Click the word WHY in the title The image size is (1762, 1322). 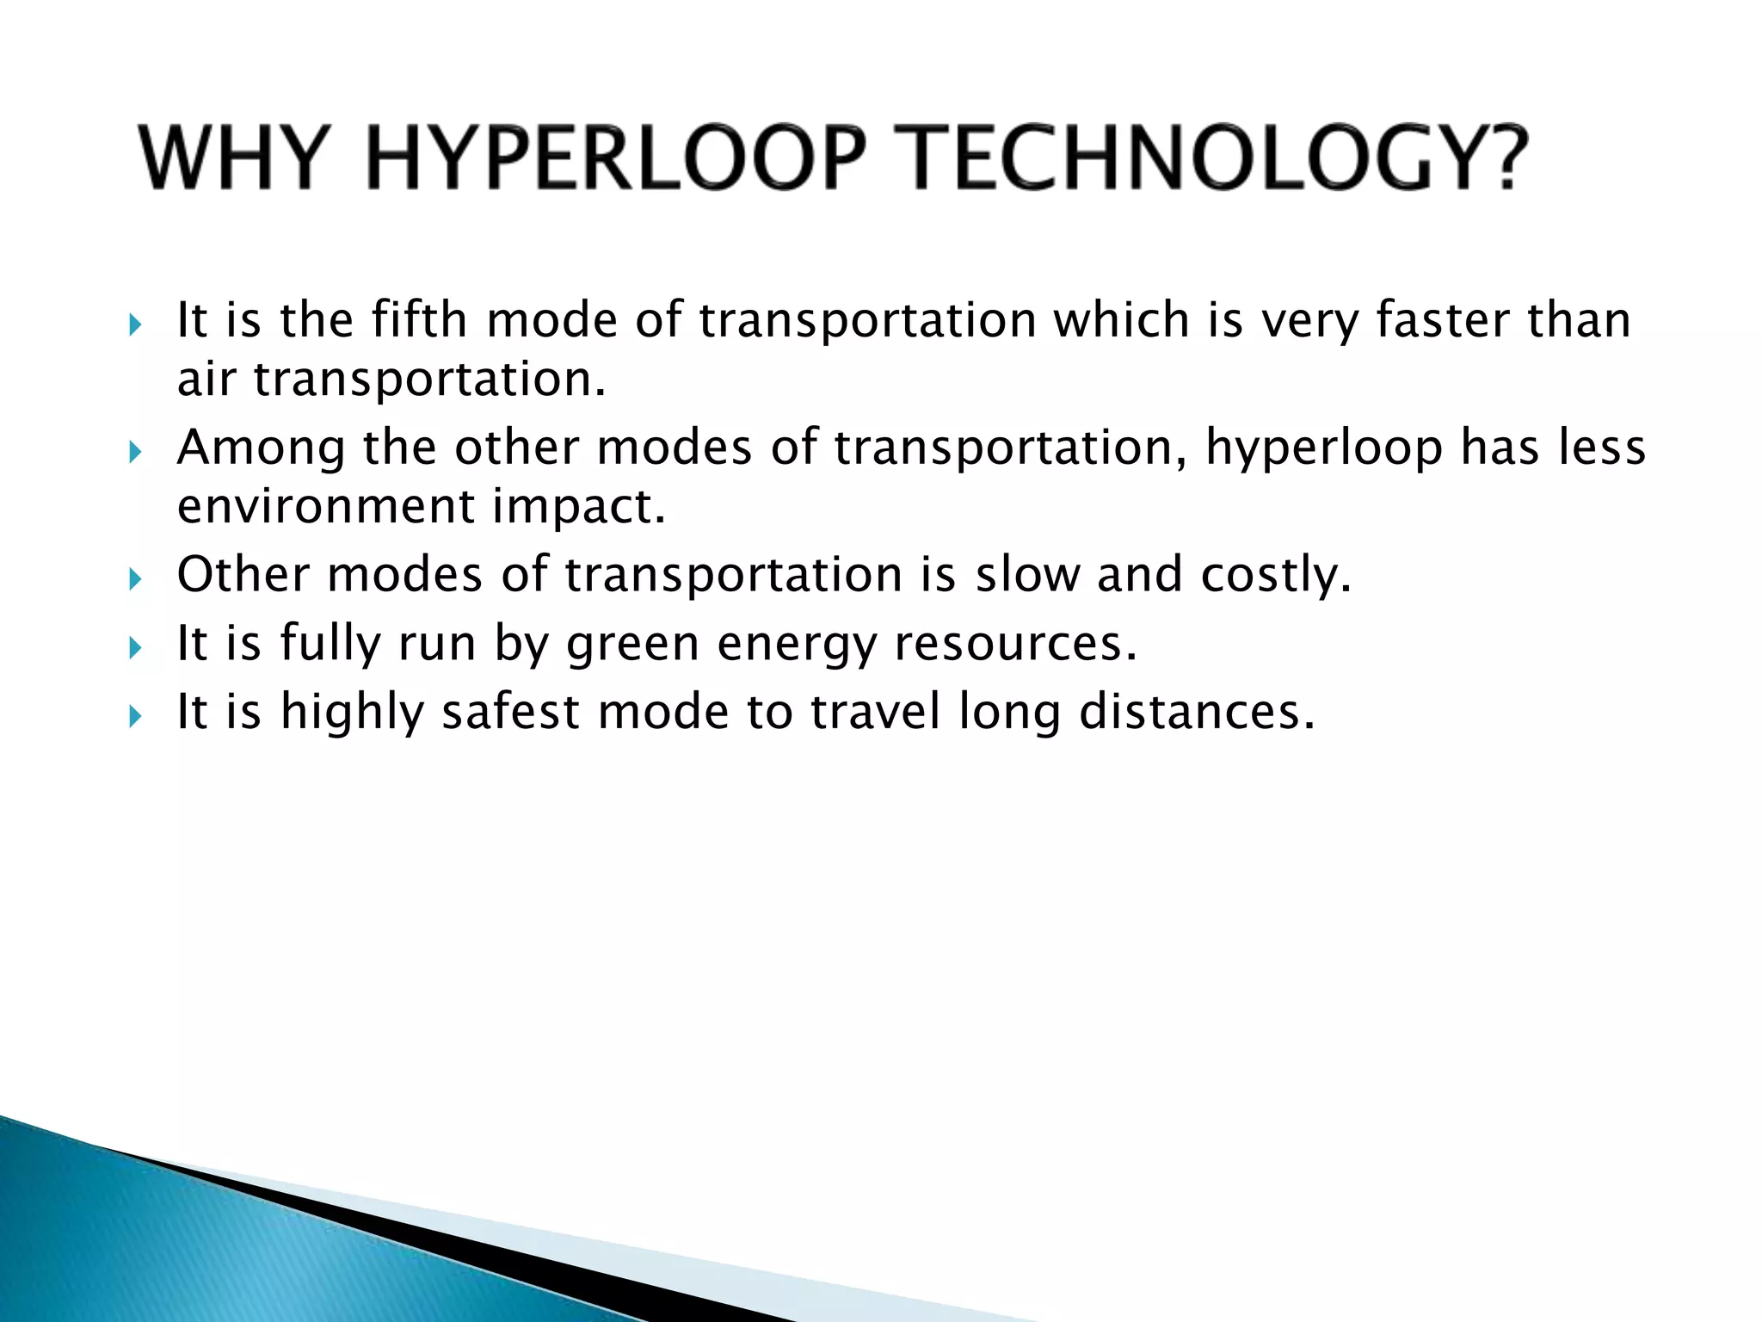[x=231, y=160]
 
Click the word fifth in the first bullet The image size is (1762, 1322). [x=419, y=320]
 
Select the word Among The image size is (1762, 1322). [x=261, y=448]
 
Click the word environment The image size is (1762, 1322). [x=325, y=507]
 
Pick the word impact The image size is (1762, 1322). [x=579, y=507]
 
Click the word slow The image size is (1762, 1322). [x=1027, y=574]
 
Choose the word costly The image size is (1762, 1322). [x=1276, y=576]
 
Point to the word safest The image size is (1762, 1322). [x=510, y=712]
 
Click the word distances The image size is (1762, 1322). [x=1197, y=712]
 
